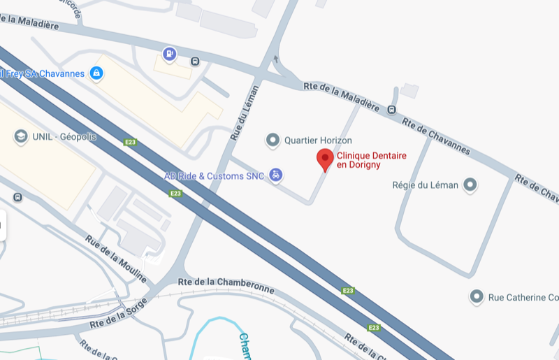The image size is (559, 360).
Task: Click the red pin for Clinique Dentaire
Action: (x=325, y=159)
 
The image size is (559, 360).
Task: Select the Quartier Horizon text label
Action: (x=318, y=141)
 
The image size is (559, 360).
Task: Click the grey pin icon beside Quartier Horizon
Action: (x=273, y=141)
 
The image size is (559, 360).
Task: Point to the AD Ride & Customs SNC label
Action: (x=214, y=176)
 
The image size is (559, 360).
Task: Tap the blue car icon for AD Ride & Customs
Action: (x=276, y=175)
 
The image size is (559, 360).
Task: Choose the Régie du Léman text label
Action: (x=426, y=185)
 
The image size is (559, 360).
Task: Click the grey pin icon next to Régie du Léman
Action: (x=470, y=185)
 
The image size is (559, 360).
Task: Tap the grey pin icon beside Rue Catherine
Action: (x=477, y=297)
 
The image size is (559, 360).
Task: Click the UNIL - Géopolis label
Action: (x=64, y=137)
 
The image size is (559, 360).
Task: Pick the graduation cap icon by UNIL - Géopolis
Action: (x=20, y=137)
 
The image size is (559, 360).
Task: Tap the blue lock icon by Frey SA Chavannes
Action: (x=96, y=73)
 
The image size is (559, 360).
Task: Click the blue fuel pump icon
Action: (x=169, y=53)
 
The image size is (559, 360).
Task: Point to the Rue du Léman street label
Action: (x=242, y=113)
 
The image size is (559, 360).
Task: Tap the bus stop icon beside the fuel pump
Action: (x=195, y=61)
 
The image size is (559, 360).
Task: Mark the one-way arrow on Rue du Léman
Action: (x=276, y=59)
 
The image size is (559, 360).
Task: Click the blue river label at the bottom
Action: (x=245, y=347)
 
